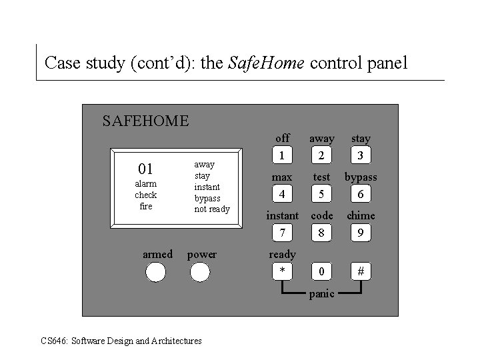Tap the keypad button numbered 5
tap(322, 195)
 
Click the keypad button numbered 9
tap(361, 233)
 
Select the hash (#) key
tap(361, 272)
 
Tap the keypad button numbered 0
tap(322, 272)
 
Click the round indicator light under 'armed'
tap(156, 272)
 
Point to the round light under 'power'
tap(200, 272)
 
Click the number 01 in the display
tap(145, 168)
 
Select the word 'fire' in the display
tap(145, 207)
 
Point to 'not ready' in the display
tap(212, 209)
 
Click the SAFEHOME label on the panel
tap(145, 121)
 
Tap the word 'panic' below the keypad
tap(322, 294)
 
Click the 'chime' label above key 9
tap(361, 215)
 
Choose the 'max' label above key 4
tap(283, 177)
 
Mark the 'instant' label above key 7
tap(283, 215)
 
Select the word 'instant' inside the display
tap(207, 187)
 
